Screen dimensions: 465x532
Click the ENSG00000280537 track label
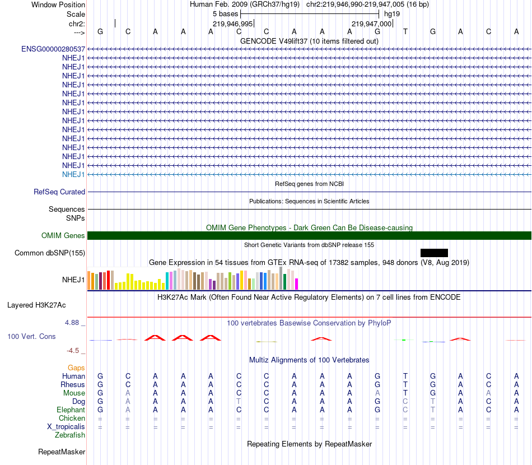pyautogui.click(x=53, y=49)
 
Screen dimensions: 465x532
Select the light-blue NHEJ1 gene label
pyautogui.click(x=73, y=174)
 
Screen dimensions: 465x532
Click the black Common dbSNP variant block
pyautogui.click(x=434, y=253)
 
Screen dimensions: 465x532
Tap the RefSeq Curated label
pyautogui.click(x=59, y=192)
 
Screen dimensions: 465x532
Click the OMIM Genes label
pyautogui.click(x=63, y=236)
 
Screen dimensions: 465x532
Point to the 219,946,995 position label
pyautogui.click(x=233, y=24)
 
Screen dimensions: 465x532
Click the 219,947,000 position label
pyautogui.click(x=371, y=24)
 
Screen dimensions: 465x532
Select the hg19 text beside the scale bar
pyautogui.click(x=392, y=14)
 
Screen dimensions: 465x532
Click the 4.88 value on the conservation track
pyautogui.click(x=73, y=323)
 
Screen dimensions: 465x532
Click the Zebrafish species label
pyautogui.click(x=70, y=435)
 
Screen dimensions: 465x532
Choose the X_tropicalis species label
pyautogui.click(x=66, y=427)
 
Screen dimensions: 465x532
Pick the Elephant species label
pyautogui.click(x=71, y=410)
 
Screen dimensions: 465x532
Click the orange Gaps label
pyautogui.click(x=76, y=368)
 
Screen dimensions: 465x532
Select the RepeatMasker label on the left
pyautogui.click(x=62, y=452)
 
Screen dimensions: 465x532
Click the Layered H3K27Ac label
pyautogui.click(x=36, y=305)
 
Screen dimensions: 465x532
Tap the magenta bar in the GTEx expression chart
pyautogui.click(x=296, y=284)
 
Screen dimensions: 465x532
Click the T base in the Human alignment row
pyautogui.click(x=405, y=376)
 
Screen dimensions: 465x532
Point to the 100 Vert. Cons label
pyautogui.click(x=32, y=337)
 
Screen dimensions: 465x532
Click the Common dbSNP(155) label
pyautogui.click(x=50, y=253)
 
